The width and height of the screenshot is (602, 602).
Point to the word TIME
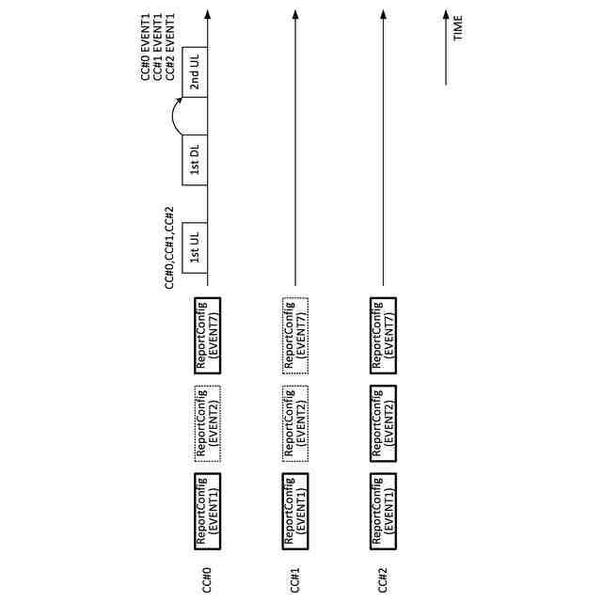(458, 27)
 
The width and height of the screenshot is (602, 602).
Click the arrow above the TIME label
(445, 47)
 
